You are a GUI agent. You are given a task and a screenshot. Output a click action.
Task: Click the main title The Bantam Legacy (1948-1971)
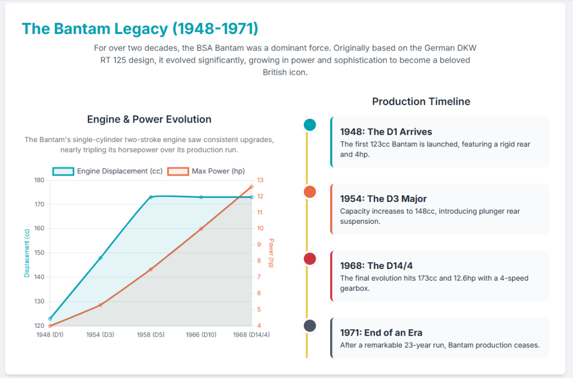[140, 29]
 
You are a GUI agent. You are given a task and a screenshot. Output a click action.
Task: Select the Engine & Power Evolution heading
[149, 119]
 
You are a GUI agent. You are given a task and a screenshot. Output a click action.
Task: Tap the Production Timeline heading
[421, 101]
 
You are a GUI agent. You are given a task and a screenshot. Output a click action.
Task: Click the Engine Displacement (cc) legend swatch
[63, 171]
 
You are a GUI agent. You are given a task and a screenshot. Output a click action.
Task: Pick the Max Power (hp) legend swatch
[178, 171]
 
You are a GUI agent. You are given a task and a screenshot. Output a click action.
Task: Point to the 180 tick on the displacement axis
[39, 180]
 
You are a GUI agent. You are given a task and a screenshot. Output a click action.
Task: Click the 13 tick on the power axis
[260, 180]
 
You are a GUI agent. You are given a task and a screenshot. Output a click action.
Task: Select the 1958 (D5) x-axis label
[151, 334]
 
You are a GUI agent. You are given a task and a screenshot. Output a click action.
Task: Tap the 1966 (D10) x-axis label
[201, 334]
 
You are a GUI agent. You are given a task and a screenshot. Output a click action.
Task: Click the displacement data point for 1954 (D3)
[101, 258]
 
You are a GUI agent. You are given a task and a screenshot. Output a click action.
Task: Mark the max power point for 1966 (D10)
[201, 229]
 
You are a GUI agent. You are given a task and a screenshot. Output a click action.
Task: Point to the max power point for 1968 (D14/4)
[252, 187]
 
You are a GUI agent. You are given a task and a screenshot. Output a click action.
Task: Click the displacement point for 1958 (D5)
[151, 197]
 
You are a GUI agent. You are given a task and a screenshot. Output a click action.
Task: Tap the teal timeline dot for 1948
[309, 125]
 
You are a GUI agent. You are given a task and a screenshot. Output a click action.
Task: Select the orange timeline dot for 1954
[309, 192]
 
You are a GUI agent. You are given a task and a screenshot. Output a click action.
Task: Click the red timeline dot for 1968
[309, 259]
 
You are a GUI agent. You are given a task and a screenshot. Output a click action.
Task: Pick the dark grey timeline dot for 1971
[309, 325]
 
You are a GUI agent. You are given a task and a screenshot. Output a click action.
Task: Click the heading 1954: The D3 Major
[383, 199]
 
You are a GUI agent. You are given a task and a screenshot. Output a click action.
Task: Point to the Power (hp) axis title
[271, 253]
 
